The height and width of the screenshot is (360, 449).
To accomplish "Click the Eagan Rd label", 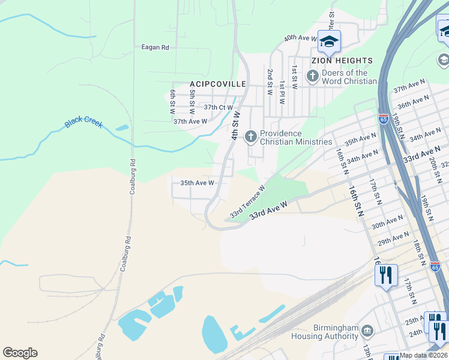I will tap(155, 47).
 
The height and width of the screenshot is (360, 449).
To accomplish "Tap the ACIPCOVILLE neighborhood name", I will tap(218, 84).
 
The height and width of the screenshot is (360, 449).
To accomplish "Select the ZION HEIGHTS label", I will tap(342, 61).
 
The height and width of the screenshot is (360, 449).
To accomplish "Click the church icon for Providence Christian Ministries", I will tap(250, 137).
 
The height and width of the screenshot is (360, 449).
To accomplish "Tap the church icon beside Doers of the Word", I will tap(312, 76).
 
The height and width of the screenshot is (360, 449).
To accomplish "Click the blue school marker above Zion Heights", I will tap(329, 41).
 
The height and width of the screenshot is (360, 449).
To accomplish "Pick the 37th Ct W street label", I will tap(218, 107).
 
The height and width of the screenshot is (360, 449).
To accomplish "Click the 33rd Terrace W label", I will tap(247, 202).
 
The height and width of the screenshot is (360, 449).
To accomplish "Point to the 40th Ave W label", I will tap(300, 38).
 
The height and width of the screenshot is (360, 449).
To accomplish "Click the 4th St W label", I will tap(235, 125).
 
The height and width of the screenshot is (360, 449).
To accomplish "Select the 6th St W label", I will tap(172, 102).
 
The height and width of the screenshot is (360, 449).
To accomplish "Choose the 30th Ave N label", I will tap(385, 224).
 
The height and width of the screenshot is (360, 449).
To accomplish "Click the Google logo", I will tap(20, 353).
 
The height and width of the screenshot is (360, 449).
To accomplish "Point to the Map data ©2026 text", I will tap(423, 355).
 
